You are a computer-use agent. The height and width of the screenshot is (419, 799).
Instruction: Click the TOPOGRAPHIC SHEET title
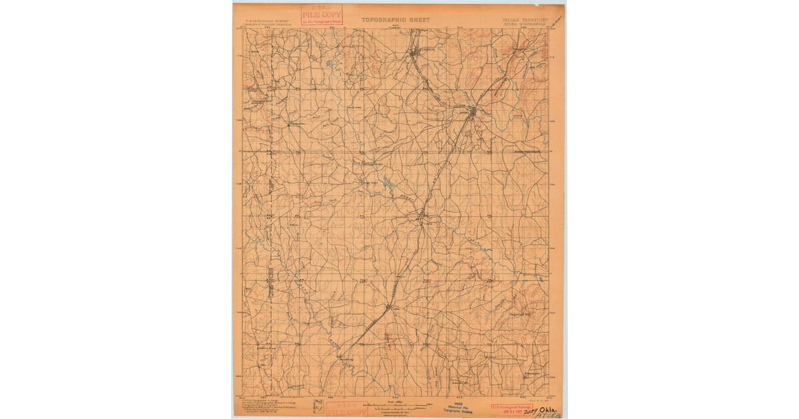click(x=396, y=19)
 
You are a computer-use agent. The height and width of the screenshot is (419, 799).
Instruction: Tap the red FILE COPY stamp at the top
click(x=322, y=15)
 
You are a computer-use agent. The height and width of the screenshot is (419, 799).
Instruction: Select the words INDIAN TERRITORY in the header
click(x=525, y=20)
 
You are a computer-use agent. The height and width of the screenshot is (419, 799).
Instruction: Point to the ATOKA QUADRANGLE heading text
click(x=527, y=25)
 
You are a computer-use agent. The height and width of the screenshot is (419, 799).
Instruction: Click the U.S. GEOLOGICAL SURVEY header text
click(x=263, y=21)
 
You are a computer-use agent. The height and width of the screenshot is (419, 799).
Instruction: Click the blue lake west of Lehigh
click(x=330, y=65)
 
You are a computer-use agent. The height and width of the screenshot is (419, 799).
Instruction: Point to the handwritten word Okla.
click(x=545, y=410)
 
